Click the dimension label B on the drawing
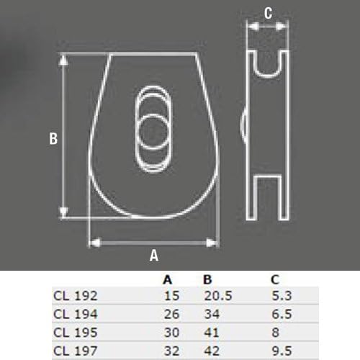click(53, 140)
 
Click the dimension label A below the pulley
click(153, 254)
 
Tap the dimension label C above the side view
click(268, 12)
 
